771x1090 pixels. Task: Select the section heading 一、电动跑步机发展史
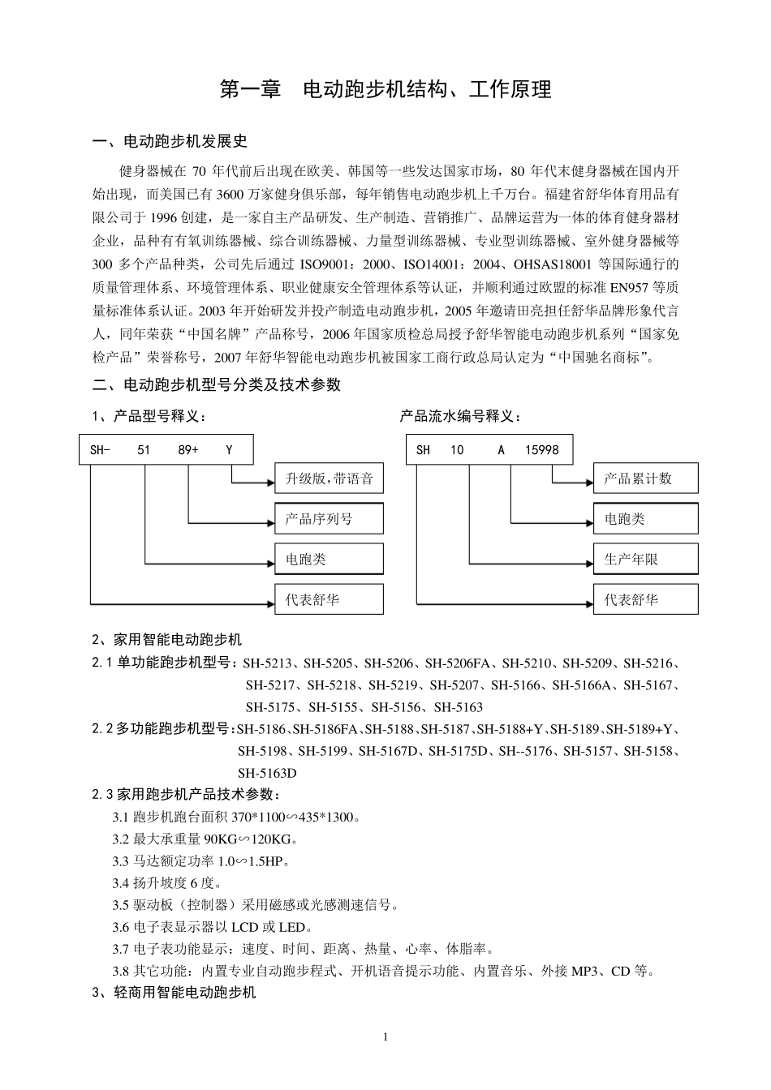click(170, 142)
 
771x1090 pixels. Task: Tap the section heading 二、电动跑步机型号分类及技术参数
click(217, 384)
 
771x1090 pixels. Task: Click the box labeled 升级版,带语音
click(329, 478)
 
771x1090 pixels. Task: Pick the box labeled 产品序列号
click(329, 519)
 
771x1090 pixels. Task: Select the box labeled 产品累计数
click(645, 478)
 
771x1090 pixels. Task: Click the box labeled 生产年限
click(645, 560)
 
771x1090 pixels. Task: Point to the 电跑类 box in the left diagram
click(329, 560)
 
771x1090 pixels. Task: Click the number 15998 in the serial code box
click(541, 450)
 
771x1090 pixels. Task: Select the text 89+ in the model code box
click(188, 450)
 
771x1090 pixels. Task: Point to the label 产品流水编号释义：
click(460, 416)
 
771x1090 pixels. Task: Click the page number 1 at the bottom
click(385, 1037)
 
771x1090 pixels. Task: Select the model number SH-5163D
click(267, 773)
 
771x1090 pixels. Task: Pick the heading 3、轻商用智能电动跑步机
click(174, 992)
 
